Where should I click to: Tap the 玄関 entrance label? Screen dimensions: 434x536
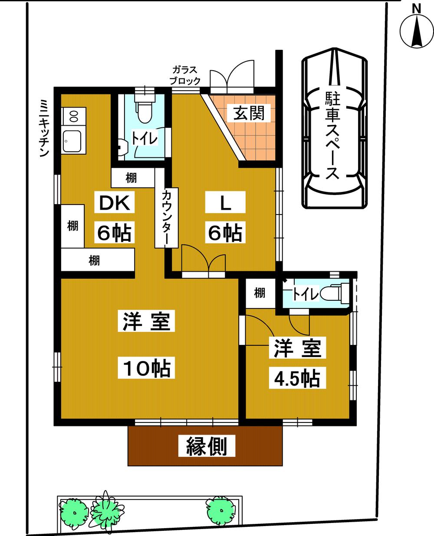pos(249,113)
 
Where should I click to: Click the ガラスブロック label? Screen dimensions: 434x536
pos(185,75)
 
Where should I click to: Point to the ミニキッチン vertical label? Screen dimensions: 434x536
pos(44,128)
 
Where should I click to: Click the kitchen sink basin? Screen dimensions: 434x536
pos(72,141)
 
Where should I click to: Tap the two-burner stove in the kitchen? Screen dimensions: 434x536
pos(74,117)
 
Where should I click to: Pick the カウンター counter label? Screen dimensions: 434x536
pos(167,218)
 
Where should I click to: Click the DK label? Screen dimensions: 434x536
pos(115,203)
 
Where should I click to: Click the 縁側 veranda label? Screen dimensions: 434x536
pos(207,446)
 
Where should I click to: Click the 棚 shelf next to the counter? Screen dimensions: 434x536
pos(132,178)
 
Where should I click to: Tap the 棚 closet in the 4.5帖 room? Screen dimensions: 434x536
pos(260,293)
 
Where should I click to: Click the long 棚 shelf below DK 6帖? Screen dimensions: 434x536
pos(98,260)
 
